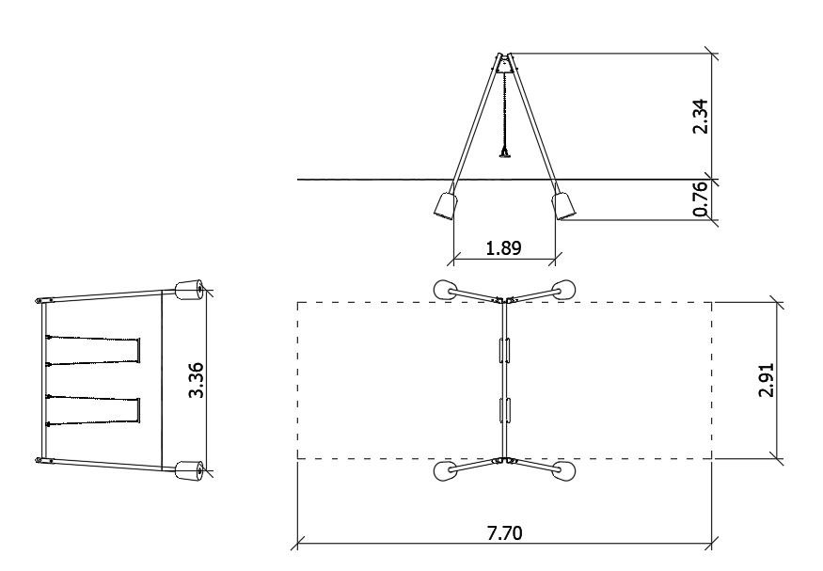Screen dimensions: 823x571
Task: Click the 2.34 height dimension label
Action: tap(701, 117)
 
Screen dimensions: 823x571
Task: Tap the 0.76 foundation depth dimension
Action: tap(701, 199)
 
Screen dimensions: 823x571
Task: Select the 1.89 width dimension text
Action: tap(504, 247)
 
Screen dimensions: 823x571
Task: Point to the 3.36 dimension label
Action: tap(197, 380)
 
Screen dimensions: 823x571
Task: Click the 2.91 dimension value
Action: tap(767, 380)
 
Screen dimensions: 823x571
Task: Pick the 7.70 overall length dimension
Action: tap(505, 533)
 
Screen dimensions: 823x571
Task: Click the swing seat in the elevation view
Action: tap(505, 154)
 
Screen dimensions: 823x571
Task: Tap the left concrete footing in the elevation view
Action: tap(446, 206)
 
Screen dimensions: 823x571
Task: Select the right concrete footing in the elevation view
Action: tap(563, 206)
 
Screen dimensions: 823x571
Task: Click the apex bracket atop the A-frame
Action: tap(504, 64)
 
